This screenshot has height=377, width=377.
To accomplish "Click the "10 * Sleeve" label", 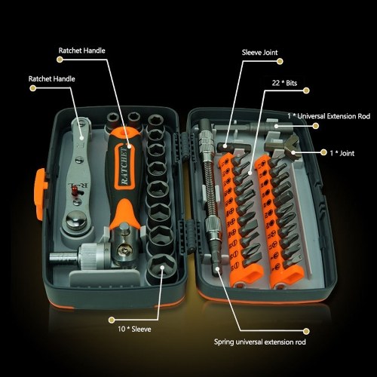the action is click(134, 329).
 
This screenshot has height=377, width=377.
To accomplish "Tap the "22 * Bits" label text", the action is click(284, 83).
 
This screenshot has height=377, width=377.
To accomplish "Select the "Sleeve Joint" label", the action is click(259, 52).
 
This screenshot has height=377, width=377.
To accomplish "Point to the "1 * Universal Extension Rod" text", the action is click(329, 116).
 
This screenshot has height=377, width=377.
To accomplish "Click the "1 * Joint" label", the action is click(342, 153).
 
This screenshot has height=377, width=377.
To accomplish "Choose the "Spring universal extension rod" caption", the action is click(260, 342).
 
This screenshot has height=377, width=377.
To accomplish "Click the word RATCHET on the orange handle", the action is click(124, 166).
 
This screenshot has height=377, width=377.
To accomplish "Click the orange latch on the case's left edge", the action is click(40, 194).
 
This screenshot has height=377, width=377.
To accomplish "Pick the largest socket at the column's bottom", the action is click(161, 267).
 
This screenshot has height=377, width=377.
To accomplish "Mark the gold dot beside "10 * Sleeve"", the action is click(112, 320).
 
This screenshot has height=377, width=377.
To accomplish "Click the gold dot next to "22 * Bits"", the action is click(306, 90).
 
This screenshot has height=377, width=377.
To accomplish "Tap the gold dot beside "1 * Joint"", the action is click(323, 152).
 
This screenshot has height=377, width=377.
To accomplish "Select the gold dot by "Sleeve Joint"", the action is click(280, 61).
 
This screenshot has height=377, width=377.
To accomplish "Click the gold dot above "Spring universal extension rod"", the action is click(306, 331).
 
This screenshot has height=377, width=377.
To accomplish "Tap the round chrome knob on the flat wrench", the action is click(76, 220).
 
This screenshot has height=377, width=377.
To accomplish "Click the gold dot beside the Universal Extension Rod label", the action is click(316, 126).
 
